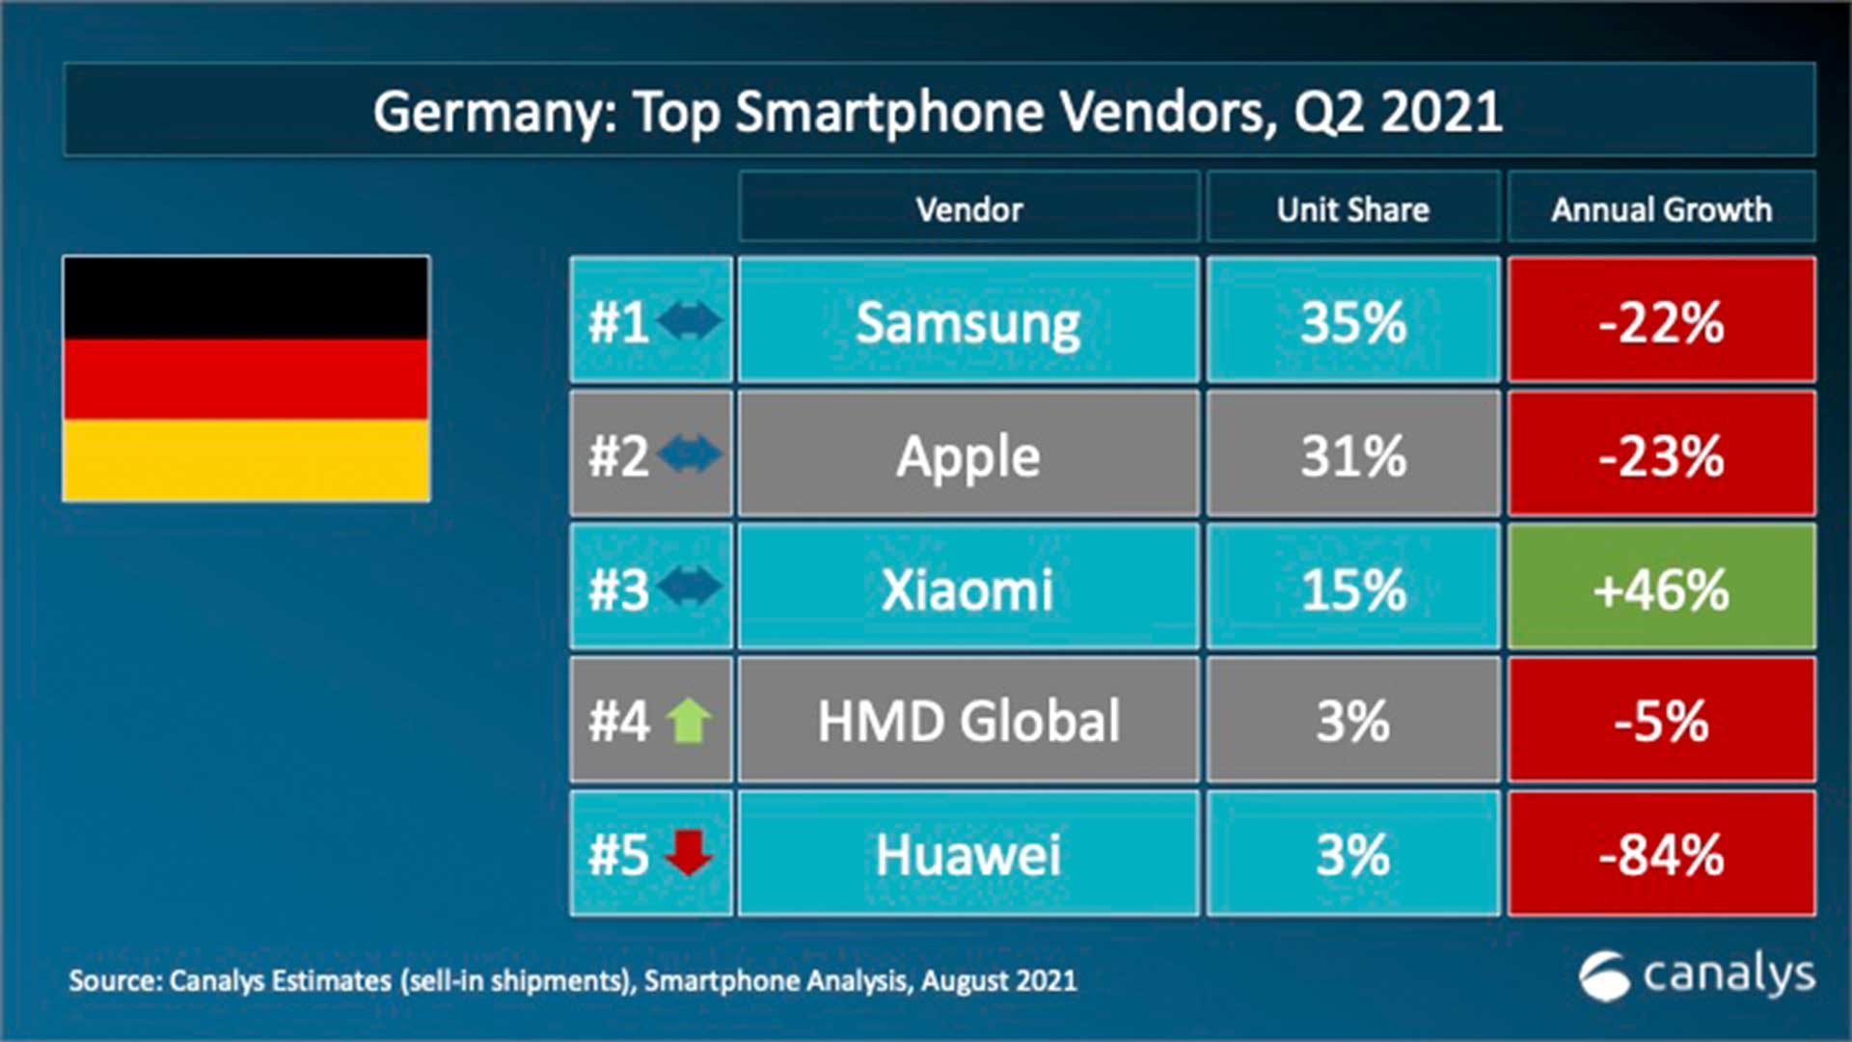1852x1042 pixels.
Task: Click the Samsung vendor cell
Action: coord(968,321)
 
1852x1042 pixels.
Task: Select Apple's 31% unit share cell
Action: coord(1352,454)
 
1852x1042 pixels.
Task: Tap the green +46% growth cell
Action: coord(1661,588)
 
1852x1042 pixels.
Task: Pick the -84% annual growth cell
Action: coord(1661,854)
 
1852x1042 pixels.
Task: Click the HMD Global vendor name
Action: coord(968,721)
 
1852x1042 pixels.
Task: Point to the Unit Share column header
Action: coord(1352,208)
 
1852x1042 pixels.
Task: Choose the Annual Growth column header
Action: coord(1661,208)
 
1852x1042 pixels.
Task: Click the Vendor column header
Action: coord(968,208)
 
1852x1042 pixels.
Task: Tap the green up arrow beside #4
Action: coord(689,720)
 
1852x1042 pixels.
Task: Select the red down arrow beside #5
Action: coord(689,852)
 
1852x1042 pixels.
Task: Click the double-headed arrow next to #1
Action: coord(689,320)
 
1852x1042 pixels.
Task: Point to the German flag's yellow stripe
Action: coord(246,459)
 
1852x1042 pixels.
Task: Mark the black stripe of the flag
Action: coord(246,297)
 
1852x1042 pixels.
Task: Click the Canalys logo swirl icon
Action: coord(1604,976)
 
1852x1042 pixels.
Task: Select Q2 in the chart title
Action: coord(1328,112)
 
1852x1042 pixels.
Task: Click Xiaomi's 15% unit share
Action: coord(1352,588)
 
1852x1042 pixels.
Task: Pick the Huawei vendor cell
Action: coord(968,854)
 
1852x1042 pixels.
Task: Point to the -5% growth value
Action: coord(1661,721)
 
